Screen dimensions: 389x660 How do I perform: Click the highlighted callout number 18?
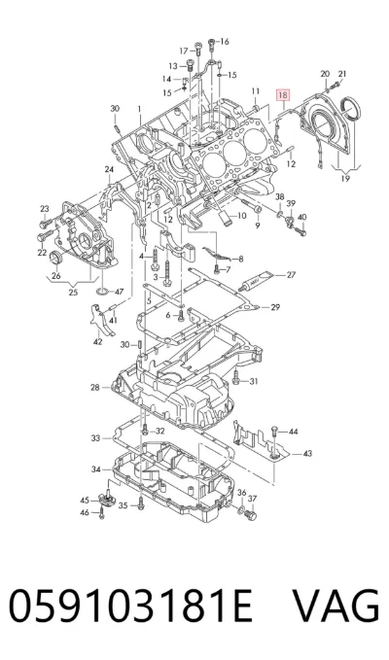point(282,95)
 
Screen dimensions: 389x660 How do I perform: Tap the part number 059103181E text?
point(130,607)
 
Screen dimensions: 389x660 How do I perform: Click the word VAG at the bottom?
point(336,607)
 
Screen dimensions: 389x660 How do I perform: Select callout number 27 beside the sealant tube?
point(292,275)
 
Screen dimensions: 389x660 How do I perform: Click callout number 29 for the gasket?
point(275,307)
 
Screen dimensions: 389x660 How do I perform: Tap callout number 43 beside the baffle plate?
point(307,453)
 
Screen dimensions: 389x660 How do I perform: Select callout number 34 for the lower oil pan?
point(96,469)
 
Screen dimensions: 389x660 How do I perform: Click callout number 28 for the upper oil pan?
point(94,387)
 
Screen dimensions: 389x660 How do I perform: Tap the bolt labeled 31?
point(237,380)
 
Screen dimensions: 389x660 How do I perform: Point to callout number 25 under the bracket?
point(73,293)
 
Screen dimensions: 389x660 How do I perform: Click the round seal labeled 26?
point(55,257)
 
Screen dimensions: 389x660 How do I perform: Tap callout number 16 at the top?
point(225,41)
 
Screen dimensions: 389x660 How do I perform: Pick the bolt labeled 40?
point(302,231)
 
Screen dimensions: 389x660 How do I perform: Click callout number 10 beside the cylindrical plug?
point(241,216)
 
